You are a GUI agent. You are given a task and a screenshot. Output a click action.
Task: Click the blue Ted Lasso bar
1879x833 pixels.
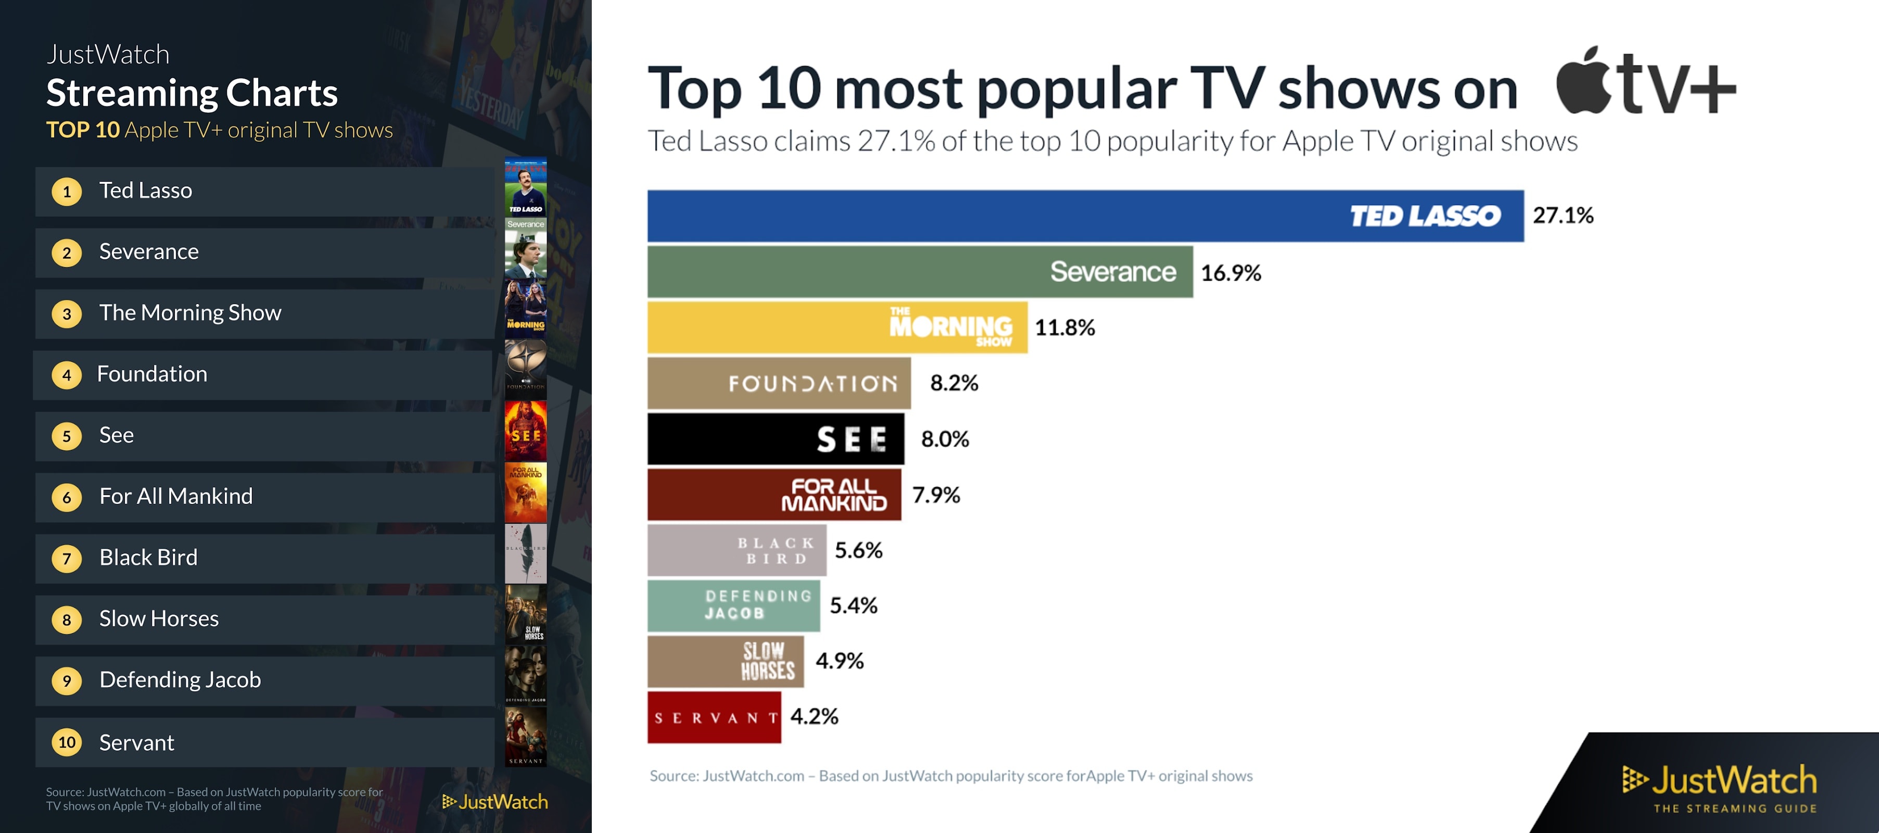coord(1085,216)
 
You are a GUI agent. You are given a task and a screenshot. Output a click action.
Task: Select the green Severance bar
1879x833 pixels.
coord(919,272)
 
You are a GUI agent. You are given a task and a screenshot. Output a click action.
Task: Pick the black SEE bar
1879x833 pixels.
coord(776,439)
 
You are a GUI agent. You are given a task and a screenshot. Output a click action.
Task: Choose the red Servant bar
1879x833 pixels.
coord(714,718)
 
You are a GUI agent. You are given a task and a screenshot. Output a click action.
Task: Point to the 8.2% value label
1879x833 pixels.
coord(954,383)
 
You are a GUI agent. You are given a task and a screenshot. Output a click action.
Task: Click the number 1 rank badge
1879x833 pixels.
coord(67,192)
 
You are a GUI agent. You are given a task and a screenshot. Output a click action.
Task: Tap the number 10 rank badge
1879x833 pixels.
coord(67,742)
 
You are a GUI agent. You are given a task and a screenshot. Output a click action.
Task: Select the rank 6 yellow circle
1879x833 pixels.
coord(67,498)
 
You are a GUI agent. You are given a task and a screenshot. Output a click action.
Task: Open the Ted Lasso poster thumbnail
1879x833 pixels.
coord(525,187)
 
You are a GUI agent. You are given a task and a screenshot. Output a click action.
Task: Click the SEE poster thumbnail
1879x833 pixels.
coord(525,431)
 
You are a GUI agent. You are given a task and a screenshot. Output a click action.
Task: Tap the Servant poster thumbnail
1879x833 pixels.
coord(525,737)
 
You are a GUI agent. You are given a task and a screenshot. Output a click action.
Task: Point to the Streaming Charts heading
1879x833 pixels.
coord(192,93)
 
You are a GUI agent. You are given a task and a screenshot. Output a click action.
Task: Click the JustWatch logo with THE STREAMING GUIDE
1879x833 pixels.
coord(1719,788)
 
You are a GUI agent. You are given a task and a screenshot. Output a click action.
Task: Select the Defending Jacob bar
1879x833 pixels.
coord(733,605)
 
